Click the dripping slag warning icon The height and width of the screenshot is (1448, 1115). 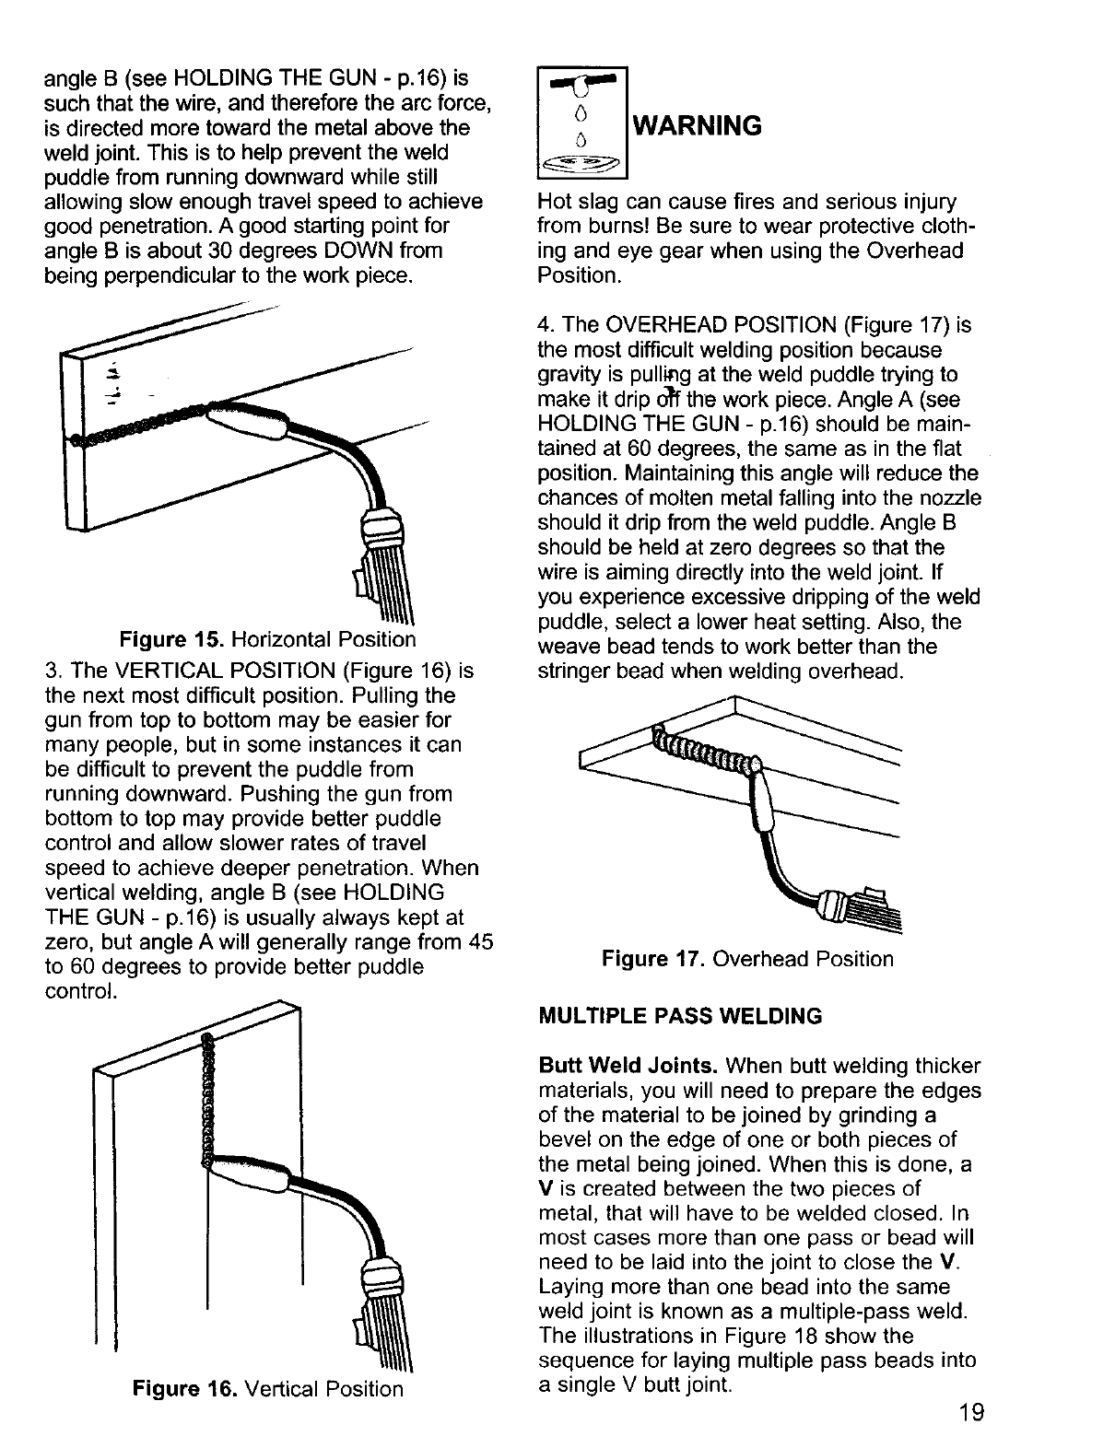581,123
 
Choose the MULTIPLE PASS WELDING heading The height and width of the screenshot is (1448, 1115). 680,1017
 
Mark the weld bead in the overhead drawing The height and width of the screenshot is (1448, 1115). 705,747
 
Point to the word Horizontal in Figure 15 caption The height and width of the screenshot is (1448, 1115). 282,639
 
